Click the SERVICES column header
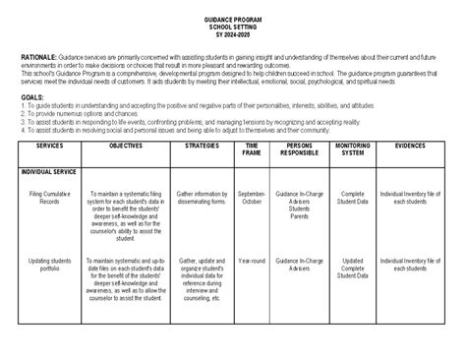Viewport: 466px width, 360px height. [x=48, y=146]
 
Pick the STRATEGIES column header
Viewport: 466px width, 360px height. [x=202, y=146]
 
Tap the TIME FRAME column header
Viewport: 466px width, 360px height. [x=252, y=150]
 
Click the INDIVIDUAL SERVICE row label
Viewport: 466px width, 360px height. [x=49, y=171]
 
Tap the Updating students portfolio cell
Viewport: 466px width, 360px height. [x=48, y=267]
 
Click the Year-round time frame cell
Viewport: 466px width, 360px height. [x=252, y=262]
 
